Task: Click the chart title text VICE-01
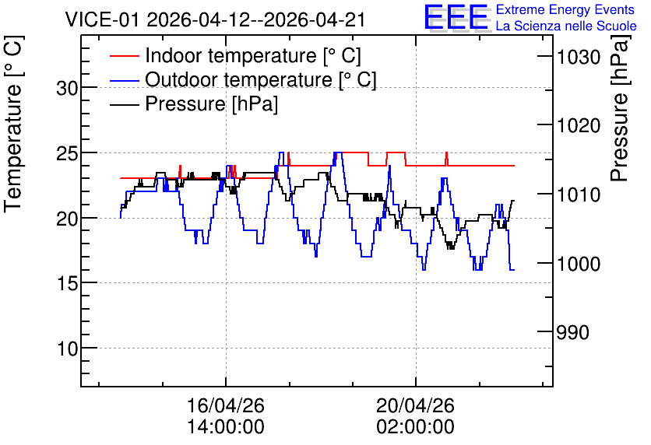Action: [x=102, y=19]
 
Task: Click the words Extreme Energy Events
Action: [x=565, y=9]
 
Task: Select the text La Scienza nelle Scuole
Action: [x=566, y=26]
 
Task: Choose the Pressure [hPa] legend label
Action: [x=211, y=103]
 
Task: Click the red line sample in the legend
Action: [x=124, y=56]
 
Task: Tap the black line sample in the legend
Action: [x=124, y=104]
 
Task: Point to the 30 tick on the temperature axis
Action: [x=67, y=89]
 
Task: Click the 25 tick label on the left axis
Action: [x=67, y=153]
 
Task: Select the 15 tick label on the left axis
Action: [x=67, y=284]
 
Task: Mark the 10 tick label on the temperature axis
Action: [x=67, y=349]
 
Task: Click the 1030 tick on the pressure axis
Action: [x=579, y=57]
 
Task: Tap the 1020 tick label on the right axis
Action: [x=579, y=125]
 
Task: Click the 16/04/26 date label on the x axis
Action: [x=226, y=405]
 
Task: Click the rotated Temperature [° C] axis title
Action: [x=13, y=124]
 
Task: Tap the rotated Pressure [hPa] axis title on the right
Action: [x=619, y=108]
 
